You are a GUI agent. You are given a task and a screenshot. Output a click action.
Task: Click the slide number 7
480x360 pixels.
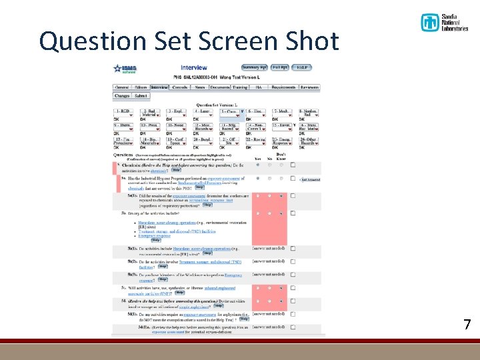(467, 325)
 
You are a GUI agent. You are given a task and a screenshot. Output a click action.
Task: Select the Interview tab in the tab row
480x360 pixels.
(159, 87)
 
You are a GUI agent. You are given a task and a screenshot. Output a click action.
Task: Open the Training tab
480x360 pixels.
(240, 87)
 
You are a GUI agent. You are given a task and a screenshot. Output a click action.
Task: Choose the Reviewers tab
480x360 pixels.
(309, 87)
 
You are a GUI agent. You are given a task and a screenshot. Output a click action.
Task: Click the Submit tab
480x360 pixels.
(141, 95)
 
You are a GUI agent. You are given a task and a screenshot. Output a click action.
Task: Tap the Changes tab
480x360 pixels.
(122, 95)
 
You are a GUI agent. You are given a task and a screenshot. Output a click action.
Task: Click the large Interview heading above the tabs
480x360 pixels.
(193, 67)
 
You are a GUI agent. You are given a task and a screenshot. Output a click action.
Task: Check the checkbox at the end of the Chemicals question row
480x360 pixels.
(293, 164)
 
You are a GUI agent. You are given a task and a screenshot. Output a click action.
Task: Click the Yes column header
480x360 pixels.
(258, 159)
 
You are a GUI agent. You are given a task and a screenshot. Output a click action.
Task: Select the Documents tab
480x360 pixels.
(219, 87)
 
